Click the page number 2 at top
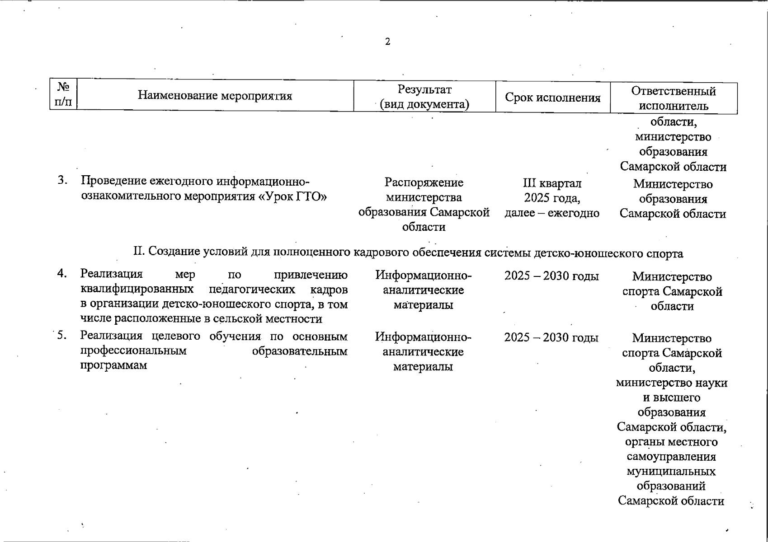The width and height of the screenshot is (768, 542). tap(387, 42)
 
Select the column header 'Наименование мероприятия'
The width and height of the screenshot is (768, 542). tap(215, 96)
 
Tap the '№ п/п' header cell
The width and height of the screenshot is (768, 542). tap(63, 95)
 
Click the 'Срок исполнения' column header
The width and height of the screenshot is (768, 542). tap(552, 98)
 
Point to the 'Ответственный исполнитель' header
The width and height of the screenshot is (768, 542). tap(674, 98)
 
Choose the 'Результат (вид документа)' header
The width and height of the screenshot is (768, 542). tap(424, 97)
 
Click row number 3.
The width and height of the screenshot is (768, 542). tap(62, 181)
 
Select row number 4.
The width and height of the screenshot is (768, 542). tap(62, 273)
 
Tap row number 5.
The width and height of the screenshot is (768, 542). tap(62, 335)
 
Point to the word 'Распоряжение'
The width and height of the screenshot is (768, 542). tap(424, 182)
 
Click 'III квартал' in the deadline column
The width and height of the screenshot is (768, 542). tap(552, 183)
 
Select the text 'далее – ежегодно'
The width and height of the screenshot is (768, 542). tap(552, 213)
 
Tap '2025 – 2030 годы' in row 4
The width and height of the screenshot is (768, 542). tap(551, 276)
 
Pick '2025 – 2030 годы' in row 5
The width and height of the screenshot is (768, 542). tap(551, 337)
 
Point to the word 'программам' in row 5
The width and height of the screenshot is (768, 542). tap(113, 365)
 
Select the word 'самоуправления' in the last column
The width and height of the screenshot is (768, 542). tap(671, 457)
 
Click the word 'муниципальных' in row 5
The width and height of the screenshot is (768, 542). tap(671, 472)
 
